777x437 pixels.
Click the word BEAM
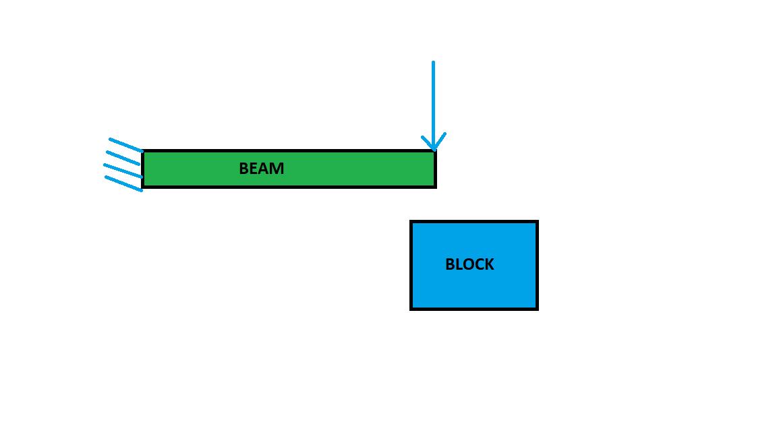(x=261, y=169)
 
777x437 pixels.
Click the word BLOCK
(x=469, y=264)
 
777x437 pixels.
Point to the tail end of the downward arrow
(x=433, y=63)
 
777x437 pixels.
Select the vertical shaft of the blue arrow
(x=433, y=101)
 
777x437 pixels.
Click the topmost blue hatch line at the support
(x=125, y=145)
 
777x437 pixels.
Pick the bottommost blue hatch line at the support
(x=123, y=183)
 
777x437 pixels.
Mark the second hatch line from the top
(x=123, y=158)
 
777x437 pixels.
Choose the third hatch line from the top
(x=123, y=170)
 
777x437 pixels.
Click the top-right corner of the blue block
(x=537, y=222)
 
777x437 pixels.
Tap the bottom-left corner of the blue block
(x=411, y=308)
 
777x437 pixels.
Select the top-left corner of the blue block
(x=411, y=222)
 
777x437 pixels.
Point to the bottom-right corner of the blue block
(x=537, y=308)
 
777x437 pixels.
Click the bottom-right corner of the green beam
(x=435, y=185)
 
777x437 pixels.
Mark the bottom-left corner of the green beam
(x=143, y=185)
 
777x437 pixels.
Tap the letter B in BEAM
(x=243, y=169)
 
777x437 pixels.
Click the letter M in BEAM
(x=277, y=169)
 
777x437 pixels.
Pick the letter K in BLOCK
(x=488, y=264)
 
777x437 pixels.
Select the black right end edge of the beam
(x=435, y=169)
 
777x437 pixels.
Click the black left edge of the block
(x=411, y=265)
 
